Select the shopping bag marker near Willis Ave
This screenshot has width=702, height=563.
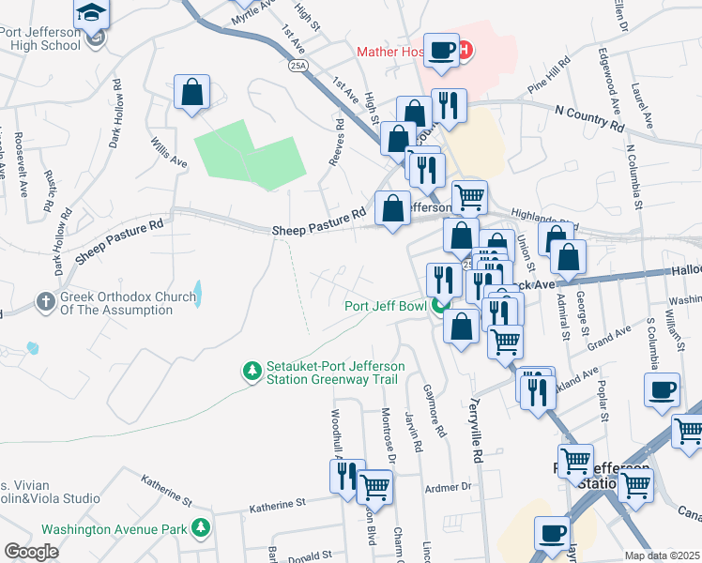click(191, 94)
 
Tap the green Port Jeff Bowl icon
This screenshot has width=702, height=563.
click(440, 305)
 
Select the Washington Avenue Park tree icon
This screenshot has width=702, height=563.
click(200, 529)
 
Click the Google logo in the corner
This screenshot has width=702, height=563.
click(31, 552)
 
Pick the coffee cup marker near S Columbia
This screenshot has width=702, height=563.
click(662, 390)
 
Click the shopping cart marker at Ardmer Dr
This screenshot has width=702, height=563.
click(374, 486)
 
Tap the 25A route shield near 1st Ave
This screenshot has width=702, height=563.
click(298, 66)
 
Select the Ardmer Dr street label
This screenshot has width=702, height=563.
click(450, 486)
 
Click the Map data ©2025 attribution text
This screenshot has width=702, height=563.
click(662, 555)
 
